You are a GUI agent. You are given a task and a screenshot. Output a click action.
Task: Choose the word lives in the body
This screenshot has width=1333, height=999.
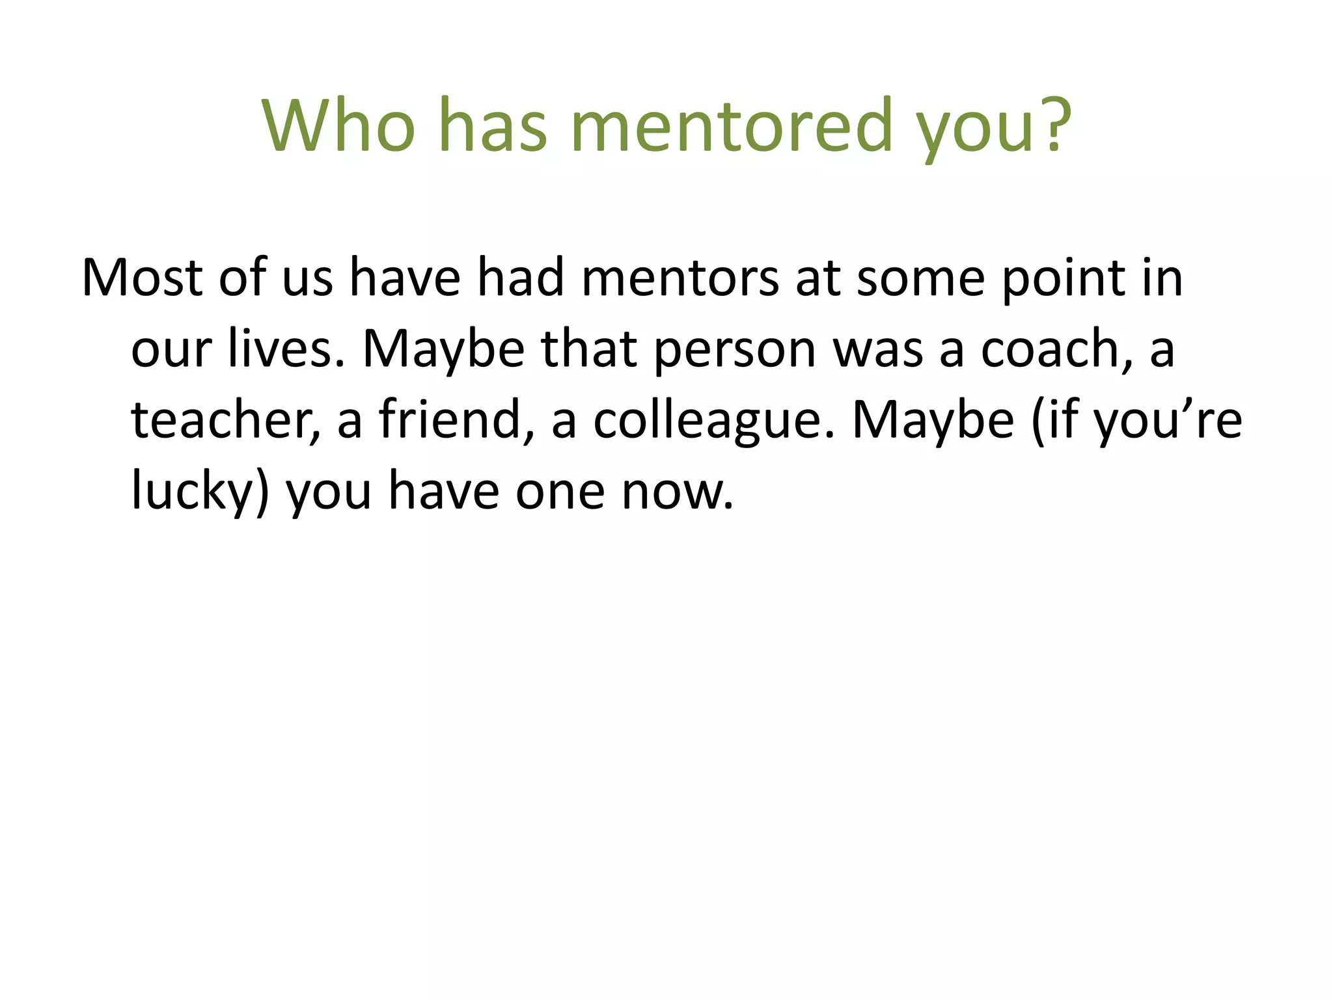(x=286, y=349)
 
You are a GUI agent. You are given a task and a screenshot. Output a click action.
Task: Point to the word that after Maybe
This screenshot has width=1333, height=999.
(x=589, y=349)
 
